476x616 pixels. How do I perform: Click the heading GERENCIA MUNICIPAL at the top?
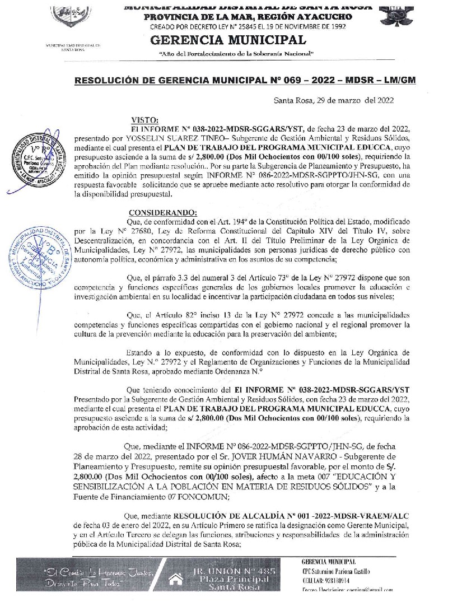228,40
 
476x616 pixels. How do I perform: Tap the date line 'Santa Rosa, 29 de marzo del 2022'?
334,101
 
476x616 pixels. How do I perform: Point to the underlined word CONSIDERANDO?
163,213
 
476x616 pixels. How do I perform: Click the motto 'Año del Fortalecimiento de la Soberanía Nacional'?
236,53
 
